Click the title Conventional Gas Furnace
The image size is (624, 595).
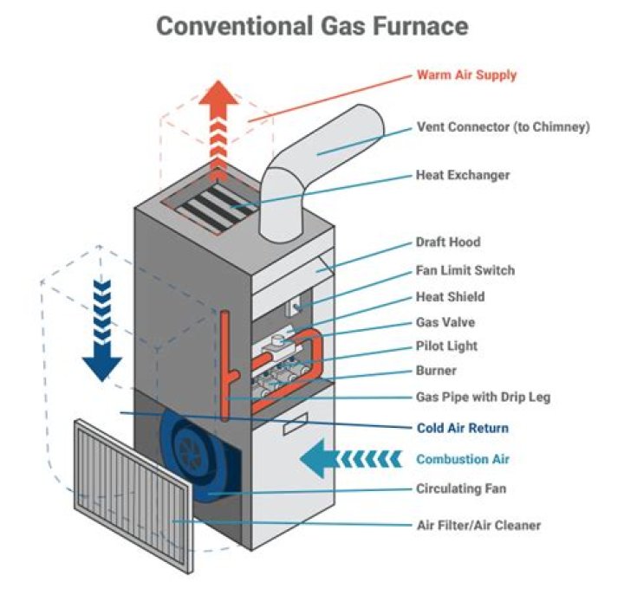pyautogui.click(x=312, y=25)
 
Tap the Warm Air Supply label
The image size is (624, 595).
pyautogui.click(x=466, y=74)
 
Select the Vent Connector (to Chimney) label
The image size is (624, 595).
pyautogui.click(x=503, y=126)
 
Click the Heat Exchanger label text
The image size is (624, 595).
pyautogui.click(x=463, y=175)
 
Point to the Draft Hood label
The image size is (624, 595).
pyautogui.click(x=447, y=243)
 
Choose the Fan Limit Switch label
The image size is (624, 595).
pyautogui.click(x=465, y=270)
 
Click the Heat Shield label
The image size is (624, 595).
pyautogui.click(x=450, y=296)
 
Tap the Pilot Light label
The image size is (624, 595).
pyautogui.click(x=446, y=346)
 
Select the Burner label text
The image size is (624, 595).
pyautogui.click(x=436, y=371)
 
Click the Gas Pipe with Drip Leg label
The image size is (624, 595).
pyautogui.click(x=483, y=398)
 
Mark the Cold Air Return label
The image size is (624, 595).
pyautogui.click(x=462, y=428)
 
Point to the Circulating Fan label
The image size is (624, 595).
pyautogui.click(x=461, y=488)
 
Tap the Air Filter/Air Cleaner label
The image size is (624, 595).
pyautogui.click(x=478, y=525)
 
